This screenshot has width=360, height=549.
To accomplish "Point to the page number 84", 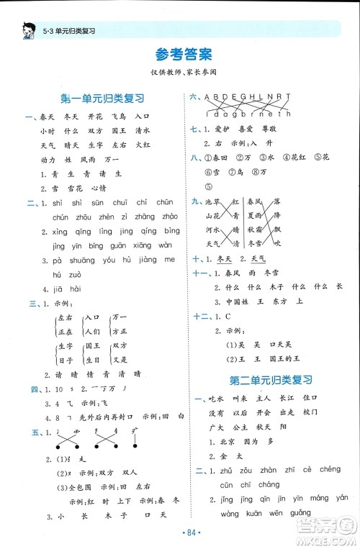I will coord(180,532).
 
